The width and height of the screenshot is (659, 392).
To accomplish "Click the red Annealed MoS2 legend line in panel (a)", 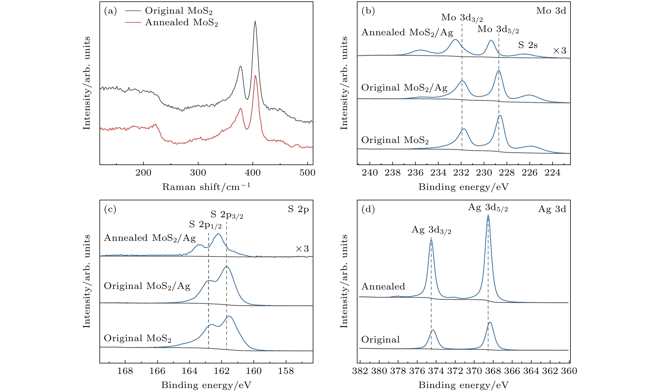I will tap(133, 23).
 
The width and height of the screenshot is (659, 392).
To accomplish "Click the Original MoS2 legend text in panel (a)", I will tap(179, 11).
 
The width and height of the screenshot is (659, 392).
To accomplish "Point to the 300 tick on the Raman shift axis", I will tap(198, 173).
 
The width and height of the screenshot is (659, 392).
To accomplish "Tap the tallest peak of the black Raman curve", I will tap(255, 21).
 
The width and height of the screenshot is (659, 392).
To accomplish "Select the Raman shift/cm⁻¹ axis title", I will tap(206, 187).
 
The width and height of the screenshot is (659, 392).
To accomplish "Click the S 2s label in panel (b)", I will tap(528, 45).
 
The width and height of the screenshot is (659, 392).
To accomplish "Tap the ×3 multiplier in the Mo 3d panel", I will tap(560, 50).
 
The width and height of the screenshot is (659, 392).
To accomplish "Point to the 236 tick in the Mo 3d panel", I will tap(416, 173).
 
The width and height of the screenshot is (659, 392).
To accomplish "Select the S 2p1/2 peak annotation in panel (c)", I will tap(205, 225).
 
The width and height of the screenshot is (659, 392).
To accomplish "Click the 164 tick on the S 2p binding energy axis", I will tap(189, 371).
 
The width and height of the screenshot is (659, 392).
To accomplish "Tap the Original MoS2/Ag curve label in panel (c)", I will tap(147, 286).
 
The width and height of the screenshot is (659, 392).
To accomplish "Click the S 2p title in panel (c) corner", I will tap(298, 209).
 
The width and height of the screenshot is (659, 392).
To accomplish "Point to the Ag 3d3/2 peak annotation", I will tap(431, 230).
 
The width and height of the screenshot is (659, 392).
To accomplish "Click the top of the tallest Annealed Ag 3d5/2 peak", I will tap(488, 216).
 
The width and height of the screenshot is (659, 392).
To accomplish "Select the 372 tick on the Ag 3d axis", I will tap(455, 371).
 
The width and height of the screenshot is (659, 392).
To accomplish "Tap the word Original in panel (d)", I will tap(381, 339).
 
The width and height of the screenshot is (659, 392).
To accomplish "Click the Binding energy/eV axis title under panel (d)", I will tap(463, 385).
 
